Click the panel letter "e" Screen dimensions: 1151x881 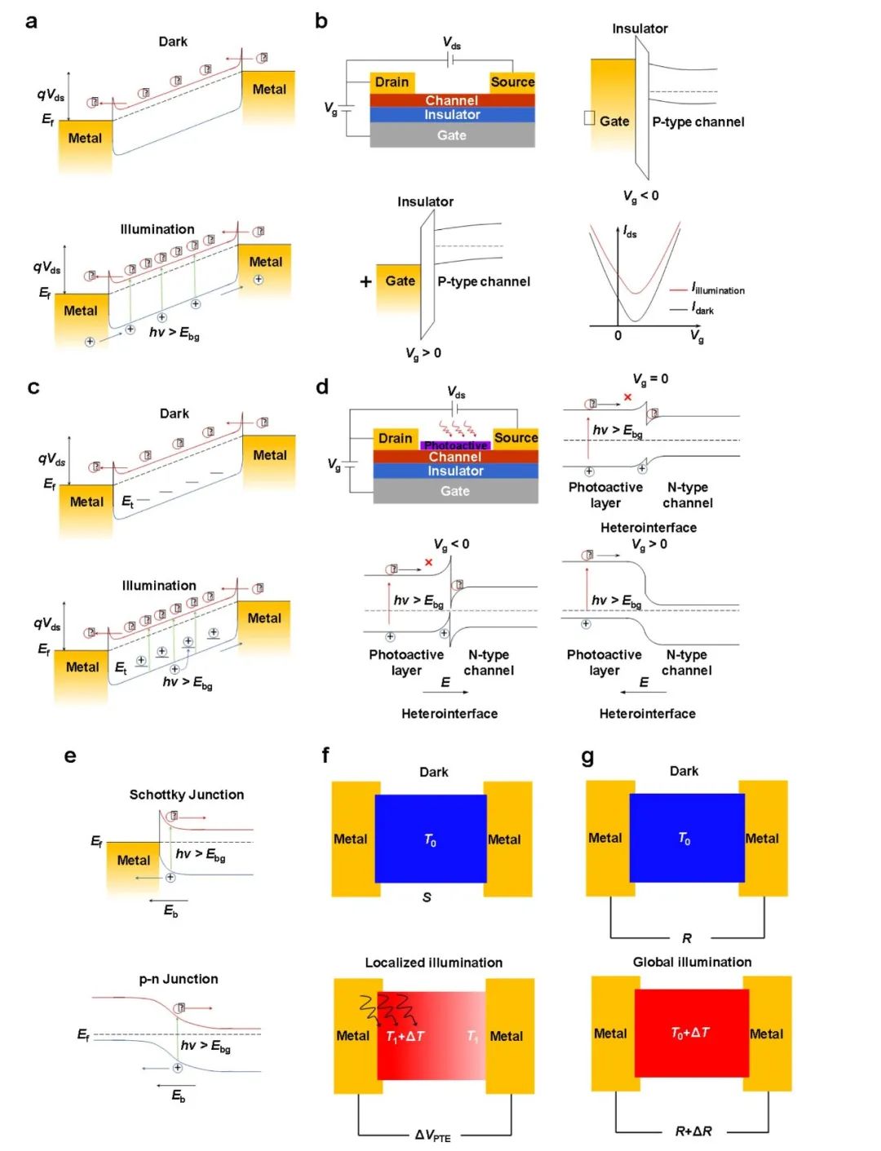tap(70, 756)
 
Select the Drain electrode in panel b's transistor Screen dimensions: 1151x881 tap(392, 82)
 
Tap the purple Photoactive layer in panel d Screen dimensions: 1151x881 tap(455, 445)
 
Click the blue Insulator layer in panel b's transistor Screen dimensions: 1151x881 tap(452, 115)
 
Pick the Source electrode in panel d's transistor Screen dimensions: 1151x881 tap(516, 438)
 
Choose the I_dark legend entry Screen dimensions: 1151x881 tap(702, 309)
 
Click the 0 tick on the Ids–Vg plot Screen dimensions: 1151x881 tap(618, 335)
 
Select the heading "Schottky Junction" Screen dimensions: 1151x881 tap(186, 795)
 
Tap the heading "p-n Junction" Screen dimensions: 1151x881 tap(178, 979)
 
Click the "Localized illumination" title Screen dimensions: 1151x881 tap(433, 963)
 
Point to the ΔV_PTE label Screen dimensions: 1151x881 tap(432, 1136)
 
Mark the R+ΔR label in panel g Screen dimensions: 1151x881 tap(693, 1131)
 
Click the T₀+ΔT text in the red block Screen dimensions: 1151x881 tap(690, 1033)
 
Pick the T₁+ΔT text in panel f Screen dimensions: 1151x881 tap(405, 1036)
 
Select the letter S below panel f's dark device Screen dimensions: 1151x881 tap(427, 897)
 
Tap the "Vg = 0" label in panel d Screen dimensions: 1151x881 tap(650, 379)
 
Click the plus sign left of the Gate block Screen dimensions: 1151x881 tap(365, 281)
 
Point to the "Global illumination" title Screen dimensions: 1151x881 tap(692, 962)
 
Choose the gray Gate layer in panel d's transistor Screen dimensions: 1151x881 tap(455, 491)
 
